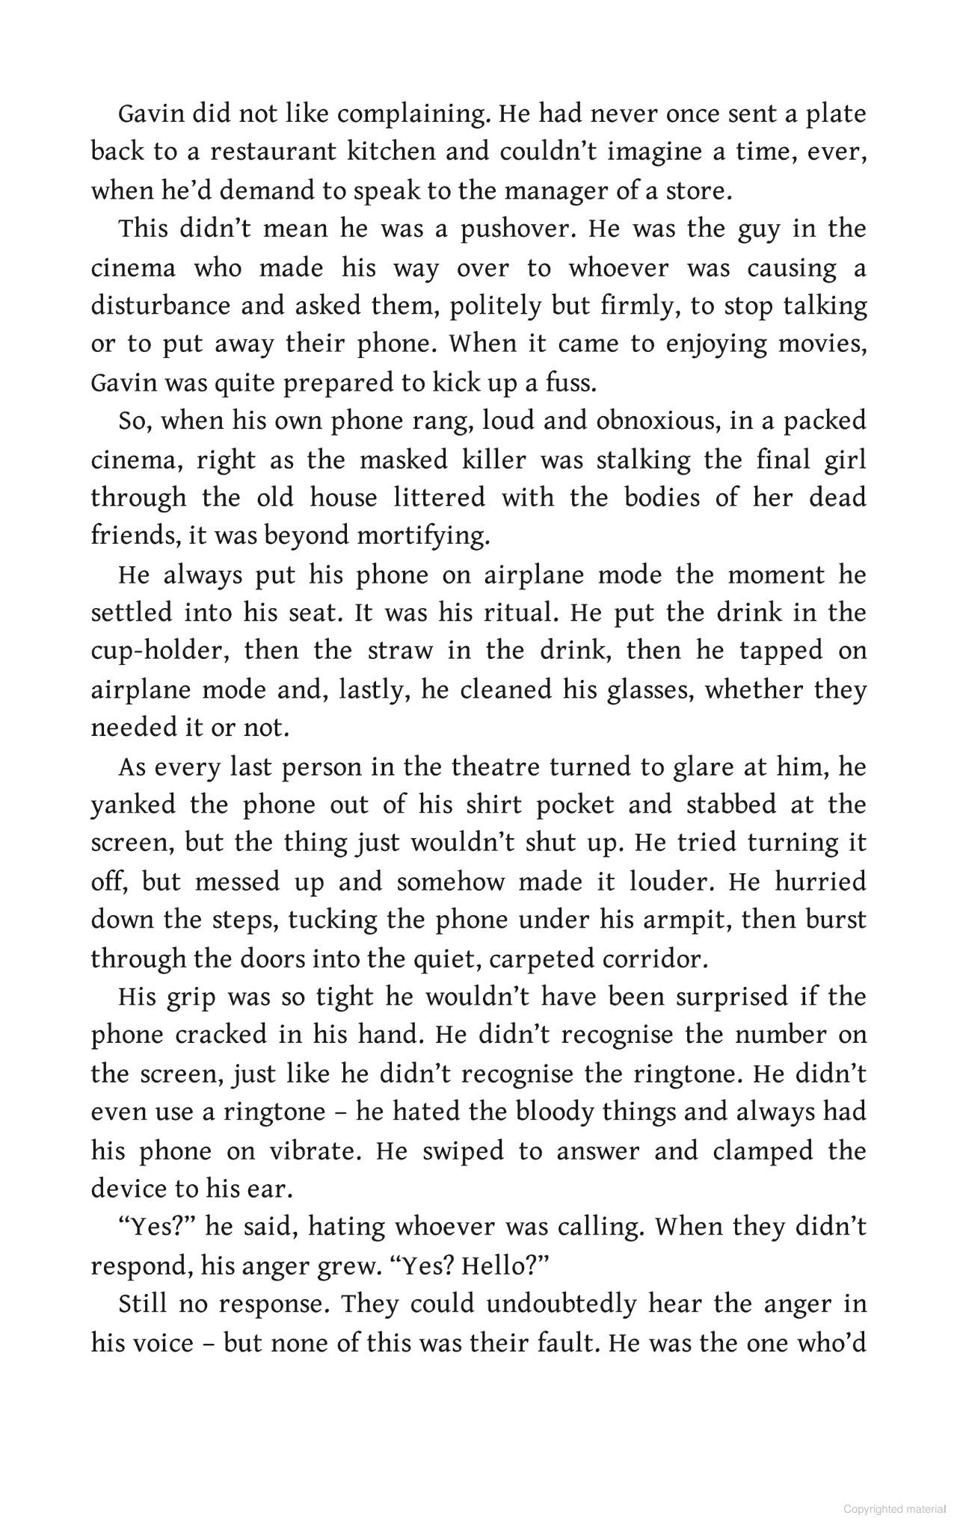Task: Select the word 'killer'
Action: (493, 459)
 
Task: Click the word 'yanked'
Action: (133, 805)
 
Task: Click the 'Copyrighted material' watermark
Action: (894, 1508)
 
